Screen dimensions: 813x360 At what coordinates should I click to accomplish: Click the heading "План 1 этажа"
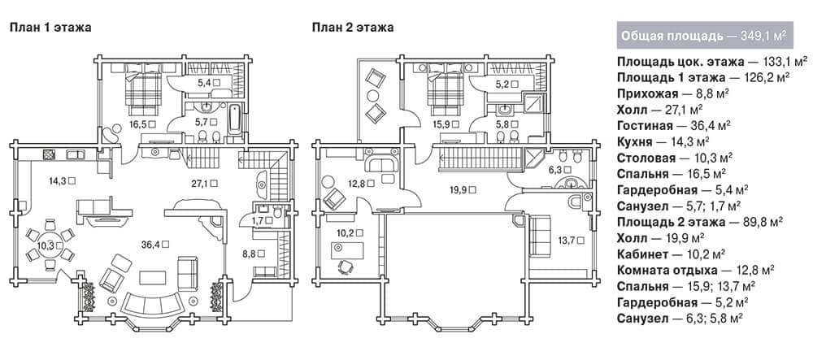[x=50, y=28]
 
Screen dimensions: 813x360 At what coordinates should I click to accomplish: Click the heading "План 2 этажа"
[x=353, y=28]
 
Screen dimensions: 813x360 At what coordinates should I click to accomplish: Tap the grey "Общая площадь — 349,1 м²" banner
[x=705, y=35]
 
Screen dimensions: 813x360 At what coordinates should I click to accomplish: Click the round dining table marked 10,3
[x=50, y=245]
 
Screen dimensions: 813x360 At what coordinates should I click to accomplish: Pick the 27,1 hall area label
[x=201, y=183]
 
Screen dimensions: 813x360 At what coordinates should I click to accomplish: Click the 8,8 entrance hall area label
[x=251, y=254]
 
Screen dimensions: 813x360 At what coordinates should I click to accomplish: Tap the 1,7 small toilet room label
[x=259, y=221]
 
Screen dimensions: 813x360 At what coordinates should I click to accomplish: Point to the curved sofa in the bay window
[x=152, y=306]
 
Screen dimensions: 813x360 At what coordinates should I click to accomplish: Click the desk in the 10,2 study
[x=347, y=250]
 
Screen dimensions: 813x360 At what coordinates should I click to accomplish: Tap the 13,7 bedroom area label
[x=568, y=240]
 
